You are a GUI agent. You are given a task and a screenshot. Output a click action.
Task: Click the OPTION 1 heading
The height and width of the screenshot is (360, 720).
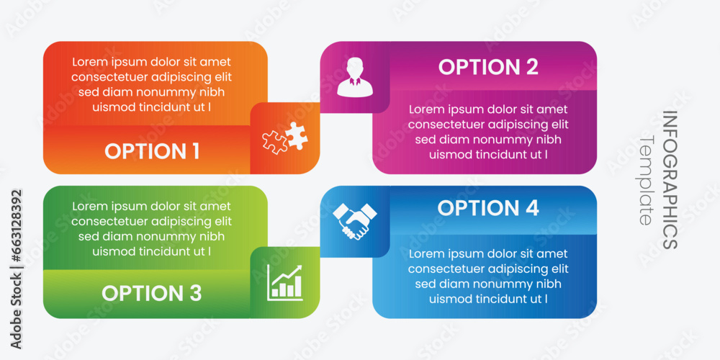152,151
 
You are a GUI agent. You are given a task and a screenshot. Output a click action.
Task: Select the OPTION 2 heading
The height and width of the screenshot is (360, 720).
488,67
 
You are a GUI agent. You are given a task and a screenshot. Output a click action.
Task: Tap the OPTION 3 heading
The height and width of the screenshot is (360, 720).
151,293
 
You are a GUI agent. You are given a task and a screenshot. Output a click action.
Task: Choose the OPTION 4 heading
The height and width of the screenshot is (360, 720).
488,208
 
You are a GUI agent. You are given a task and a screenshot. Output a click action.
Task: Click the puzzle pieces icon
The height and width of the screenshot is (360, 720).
285,138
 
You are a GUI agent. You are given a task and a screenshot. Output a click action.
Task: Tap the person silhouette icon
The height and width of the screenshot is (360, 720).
354,77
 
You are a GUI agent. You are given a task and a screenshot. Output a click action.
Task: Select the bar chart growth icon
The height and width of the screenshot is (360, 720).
284,282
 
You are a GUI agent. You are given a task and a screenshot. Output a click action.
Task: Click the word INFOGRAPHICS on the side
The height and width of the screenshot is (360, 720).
670,179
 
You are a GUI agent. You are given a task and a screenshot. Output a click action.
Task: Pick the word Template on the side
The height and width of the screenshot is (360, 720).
646,180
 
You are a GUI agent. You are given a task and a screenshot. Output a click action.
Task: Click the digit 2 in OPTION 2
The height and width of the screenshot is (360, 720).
532,67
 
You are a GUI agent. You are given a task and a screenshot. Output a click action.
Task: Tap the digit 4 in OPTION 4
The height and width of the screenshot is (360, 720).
532,208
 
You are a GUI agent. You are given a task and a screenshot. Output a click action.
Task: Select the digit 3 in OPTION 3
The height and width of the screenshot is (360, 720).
195,293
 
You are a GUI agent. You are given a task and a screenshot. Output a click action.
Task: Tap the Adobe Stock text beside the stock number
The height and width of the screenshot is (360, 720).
16,310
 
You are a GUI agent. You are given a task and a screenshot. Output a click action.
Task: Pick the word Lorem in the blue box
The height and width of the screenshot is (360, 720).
426,254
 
